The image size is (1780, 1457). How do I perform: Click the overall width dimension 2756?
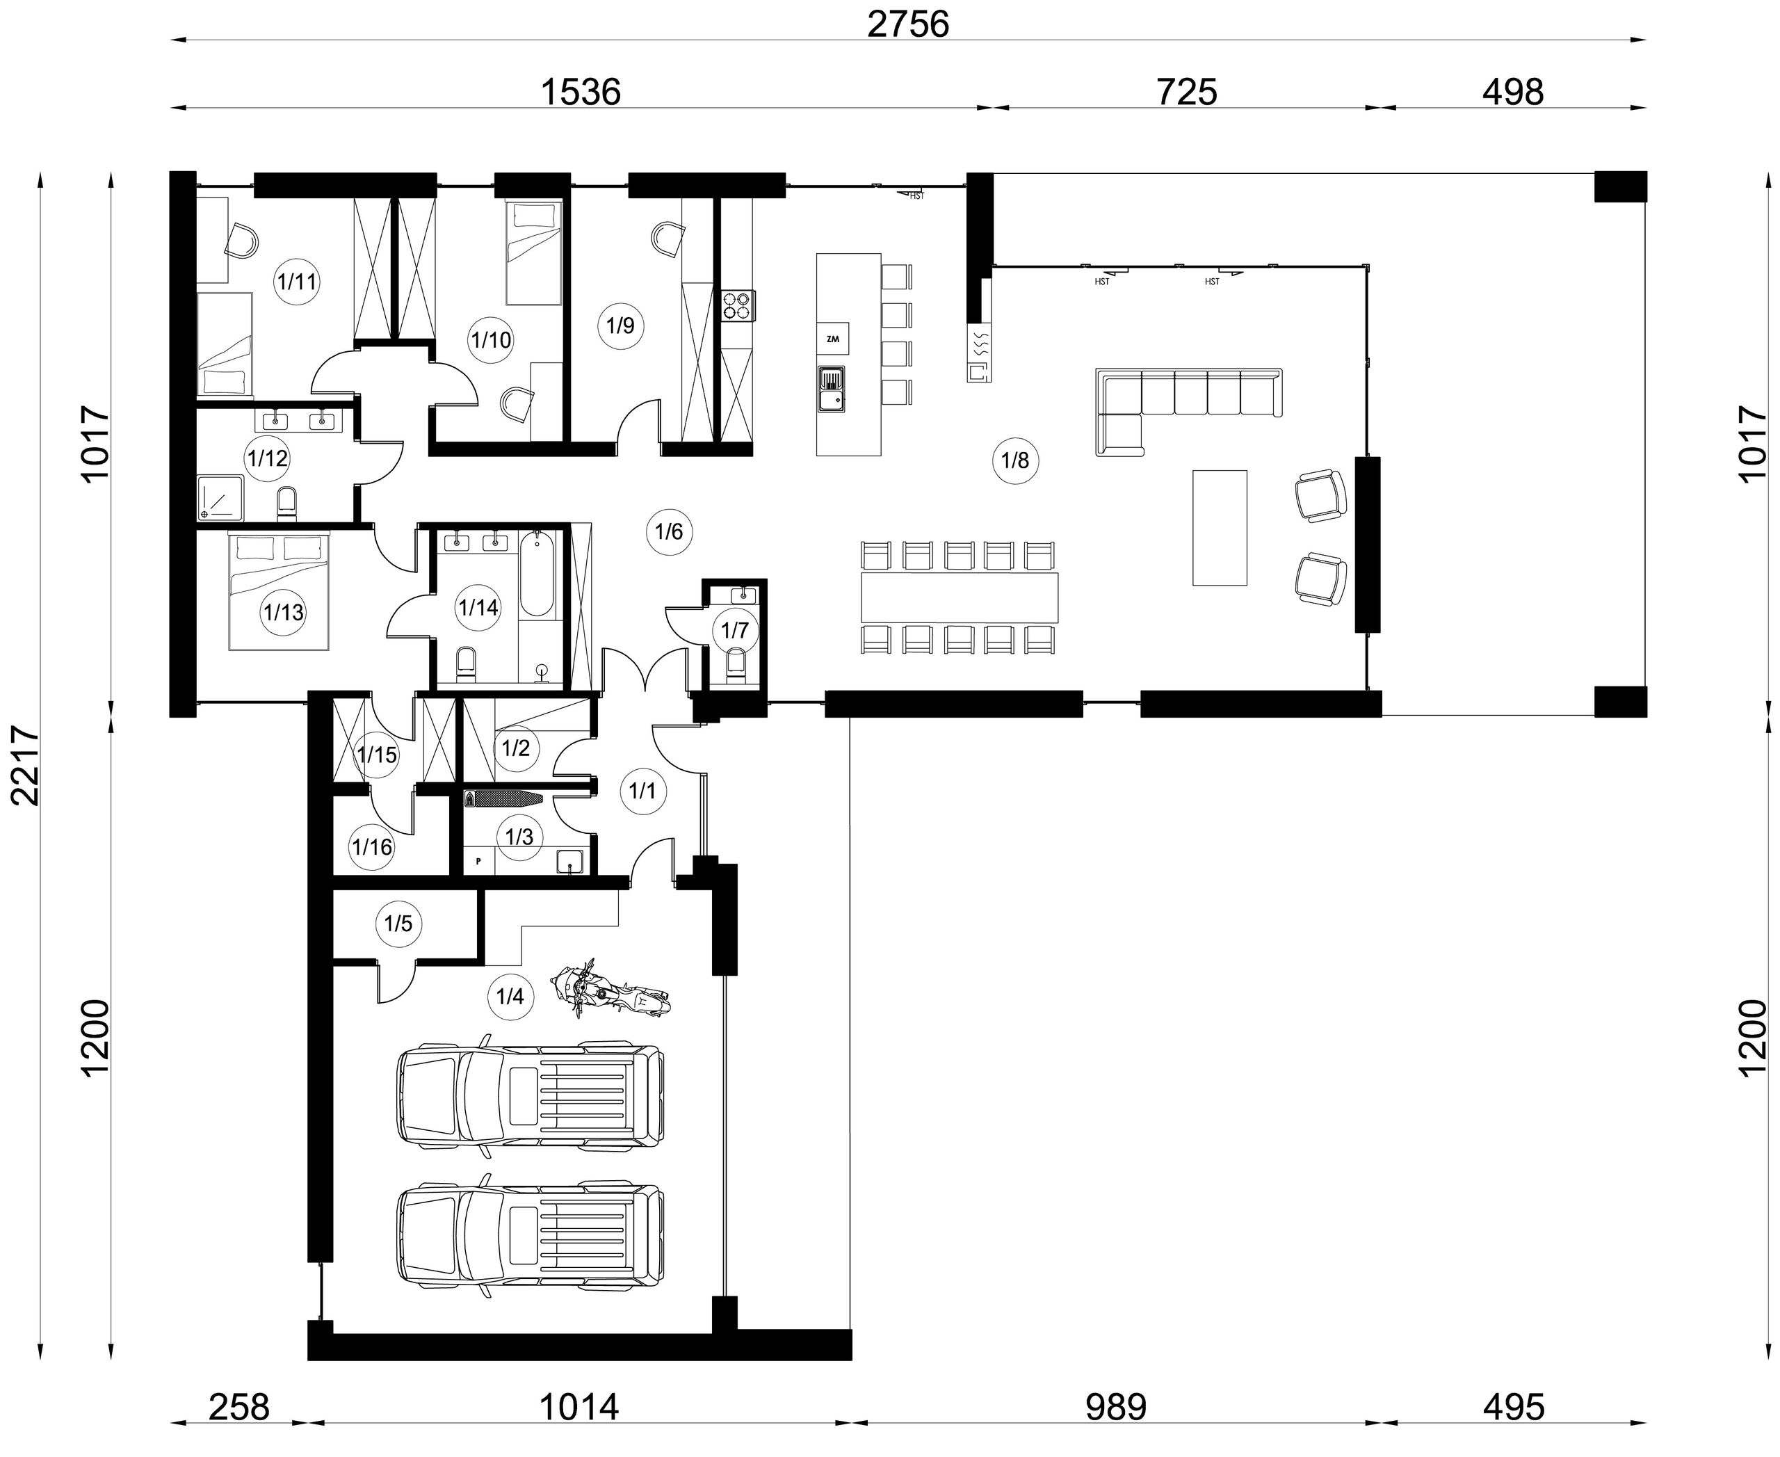pyautogui.click(x=907, y=24)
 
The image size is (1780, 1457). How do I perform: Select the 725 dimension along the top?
pyautogui.click(x=1187, y=92)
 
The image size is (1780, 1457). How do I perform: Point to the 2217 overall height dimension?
pyautogui.click(x=25, y=766)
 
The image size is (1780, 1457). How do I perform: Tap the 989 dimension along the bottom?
pyautogui.click(x=1115, y=1407)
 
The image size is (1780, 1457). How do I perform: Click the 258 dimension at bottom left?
pyautogui.click(x=239, y=1407)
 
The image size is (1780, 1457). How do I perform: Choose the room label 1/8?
pyautogui.click(x=1014, y=460)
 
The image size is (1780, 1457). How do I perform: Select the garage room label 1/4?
pyautogui.click(x=510, y=996)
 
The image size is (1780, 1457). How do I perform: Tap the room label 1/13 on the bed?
pyautogui.click(x=284, y=612)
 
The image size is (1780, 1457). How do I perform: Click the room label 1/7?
pyautogui.click(x=734, y=629)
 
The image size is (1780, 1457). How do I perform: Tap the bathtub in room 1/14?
pyautogui.click(x=535, y=574)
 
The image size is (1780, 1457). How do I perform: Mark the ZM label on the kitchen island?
pyautogui.click(x=832, y=339)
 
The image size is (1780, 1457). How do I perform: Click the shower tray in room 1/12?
pyautogui.click(x=220, y=499)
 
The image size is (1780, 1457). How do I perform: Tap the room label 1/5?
pyautogui.click(x=398, y=924)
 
